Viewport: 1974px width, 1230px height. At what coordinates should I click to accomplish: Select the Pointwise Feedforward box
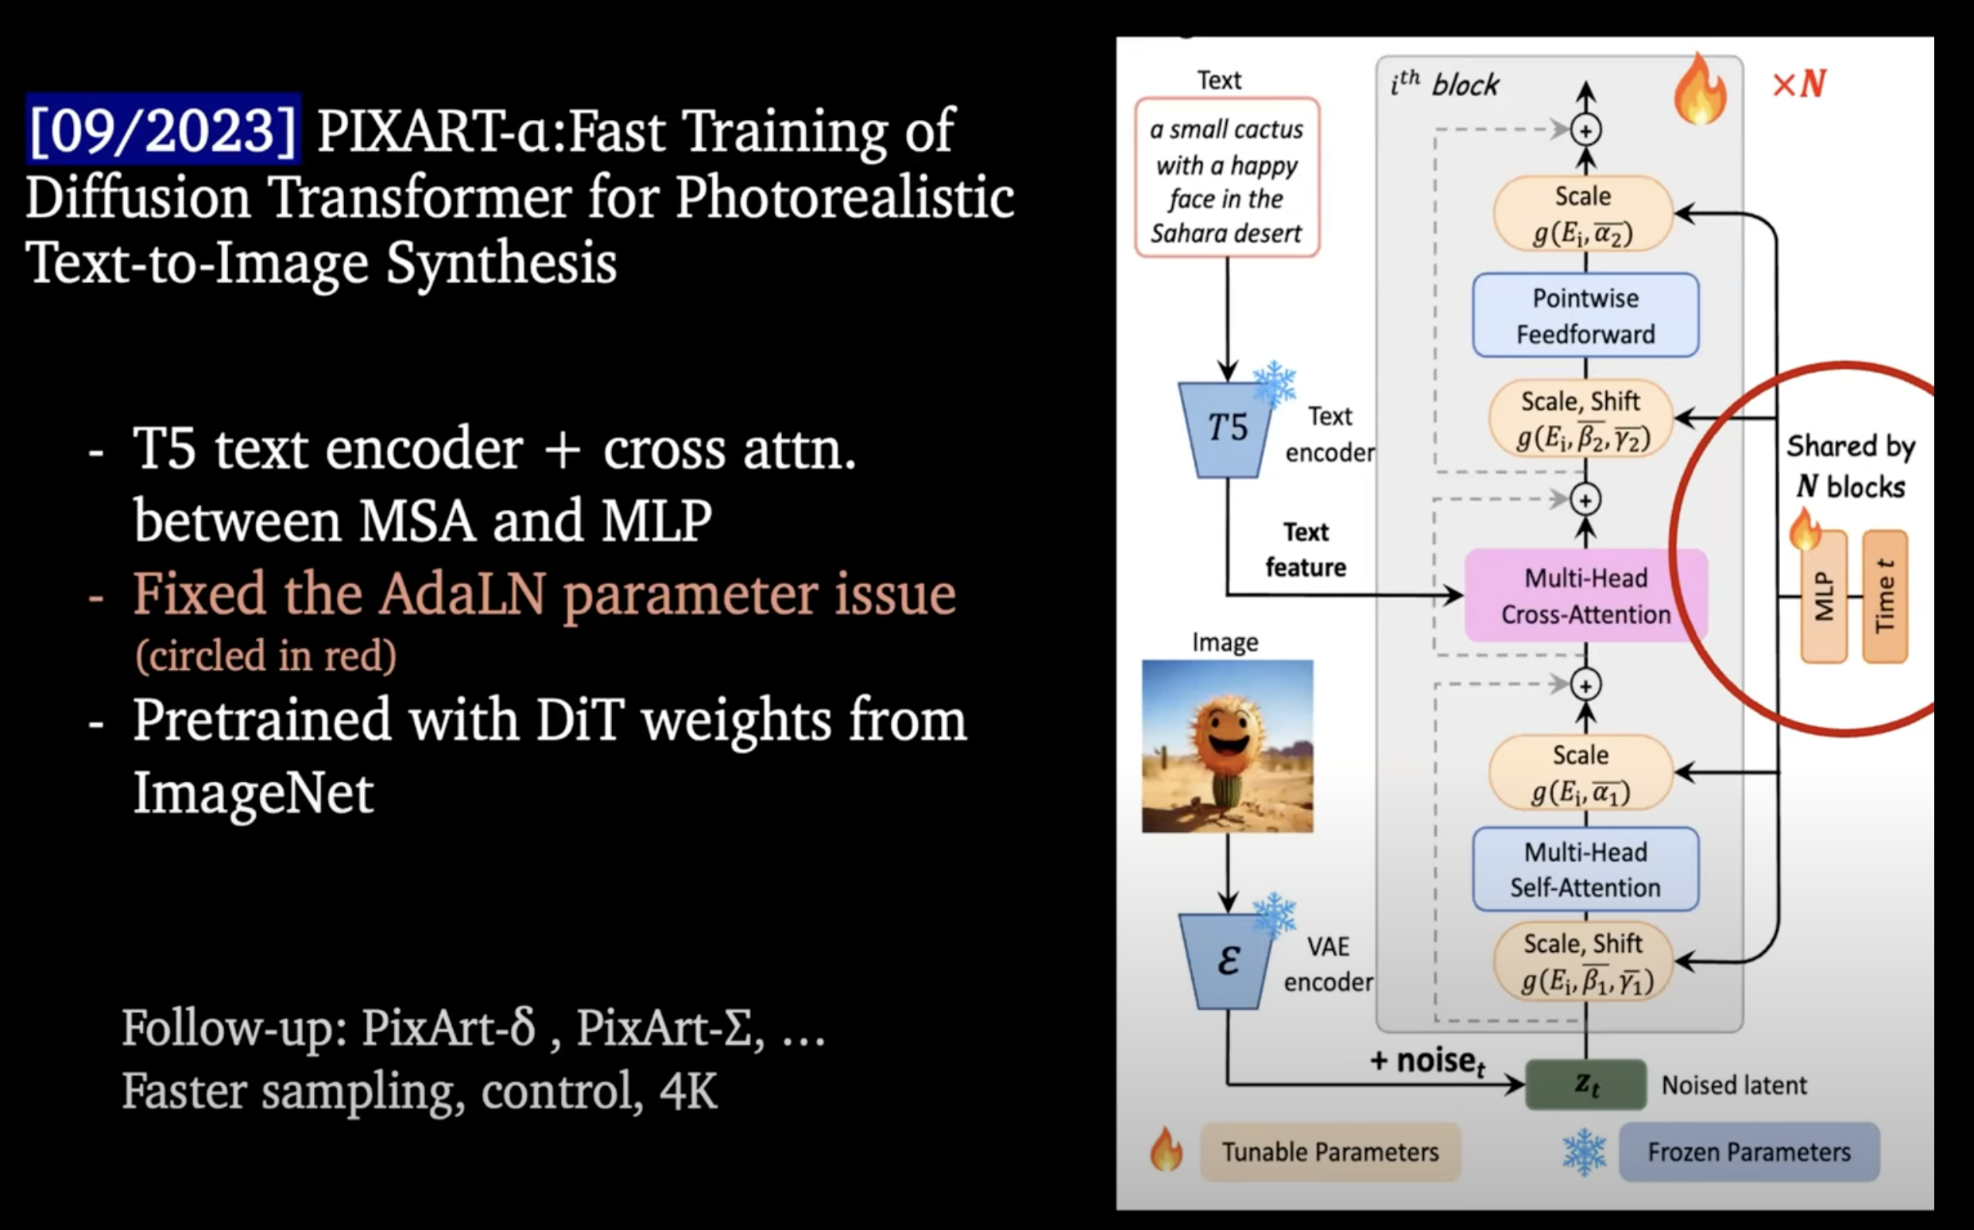point(1585,315)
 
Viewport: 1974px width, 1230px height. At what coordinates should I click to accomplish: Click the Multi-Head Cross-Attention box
point(1585,595)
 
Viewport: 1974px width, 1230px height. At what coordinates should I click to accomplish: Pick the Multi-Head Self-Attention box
point(1585,868)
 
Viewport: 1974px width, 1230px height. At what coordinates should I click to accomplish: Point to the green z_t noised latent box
point(1585,1085)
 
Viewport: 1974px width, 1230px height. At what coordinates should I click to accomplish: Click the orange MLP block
point(1825,596)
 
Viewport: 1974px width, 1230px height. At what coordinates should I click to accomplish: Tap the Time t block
point(1884,596)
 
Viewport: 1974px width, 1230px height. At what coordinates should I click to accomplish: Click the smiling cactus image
point(1226,746)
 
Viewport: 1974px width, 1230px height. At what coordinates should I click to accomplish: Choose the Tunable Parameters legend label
point(1330,1152)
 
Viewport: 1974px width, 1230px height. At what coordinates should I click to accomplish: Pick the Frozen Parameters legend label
point(1748,1152)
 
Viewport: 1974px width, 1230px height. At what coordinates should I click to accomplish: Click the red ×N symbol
point(1799,83)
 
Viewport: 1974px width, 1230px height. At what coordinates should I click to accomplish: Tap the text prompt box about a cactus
point(1226,178)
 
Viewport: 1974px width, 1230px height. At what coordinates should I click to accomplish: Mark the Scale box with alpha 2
point(1583,214)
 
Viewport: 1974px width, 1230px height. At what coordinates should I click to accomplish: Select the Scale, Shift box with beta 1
point(1583,962)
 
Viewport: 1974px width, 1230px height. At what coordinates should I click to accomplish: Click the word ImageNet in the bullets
point(253,792)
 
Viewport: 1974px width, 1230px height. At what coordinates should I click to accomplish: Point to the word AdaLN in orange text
point(462,594)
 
